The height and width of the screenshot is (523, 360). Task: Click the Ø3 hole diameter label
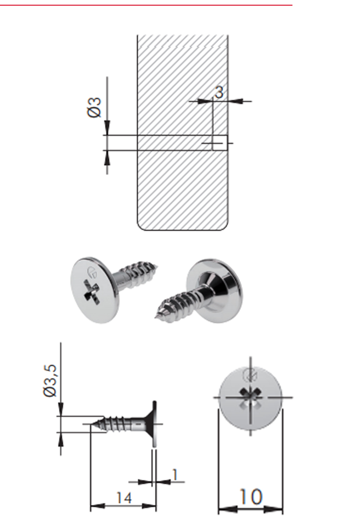click(94, 108)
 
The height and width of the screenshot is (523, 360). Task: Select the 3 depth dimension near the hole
click(219, 92)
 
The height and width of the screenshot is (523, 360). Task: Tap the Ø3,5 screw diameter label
click(50, 381)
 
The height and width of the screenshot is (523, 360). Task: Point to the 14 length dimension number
click(124, 498)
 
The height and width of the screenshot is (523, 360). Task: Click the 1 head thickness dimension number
click(175, 475)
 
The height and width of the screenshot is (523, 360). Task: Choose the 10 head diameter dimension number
click(251, 497)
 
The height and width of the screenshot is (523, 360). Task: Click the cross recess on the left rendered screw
click(91, 293)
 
